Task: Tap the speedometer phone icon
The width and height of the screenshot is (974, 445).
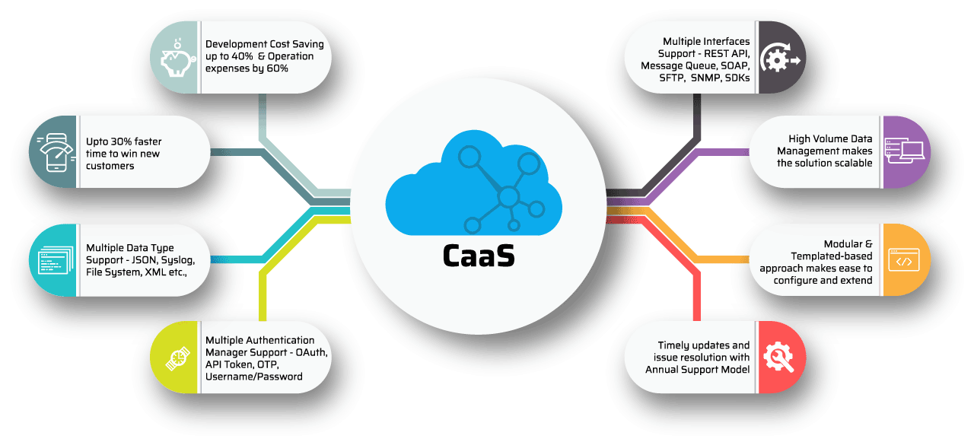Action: pos(56,152)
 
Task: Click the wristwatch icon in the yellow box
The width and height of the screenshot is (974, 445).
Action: pos(178,358)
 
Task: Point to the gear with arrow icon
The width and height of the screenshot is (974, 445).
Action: pos(780,57)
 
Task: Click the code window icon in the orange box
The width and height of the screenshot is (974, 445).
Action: pos(904,260)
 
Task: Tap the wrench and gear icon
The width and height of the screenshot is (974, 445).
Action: pos(778,358)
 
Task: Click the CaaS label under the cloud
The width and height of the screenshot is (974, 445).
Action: pos(479,256)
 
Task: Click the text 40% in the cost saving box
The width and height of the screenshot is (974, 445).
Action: pos(242,56)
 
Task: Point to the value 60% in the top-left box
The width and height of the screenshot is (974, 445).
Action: pos(277,68)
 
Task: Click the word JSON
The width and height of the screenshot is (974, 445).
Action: pos(145,260)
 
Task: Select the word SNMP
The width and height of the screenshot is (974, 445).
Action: pos(705,78)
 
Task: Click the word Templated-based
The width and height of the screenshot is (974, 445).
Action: pos(832,256)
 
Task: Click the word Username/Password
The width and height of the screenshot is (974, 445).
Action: pos(254,377)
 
